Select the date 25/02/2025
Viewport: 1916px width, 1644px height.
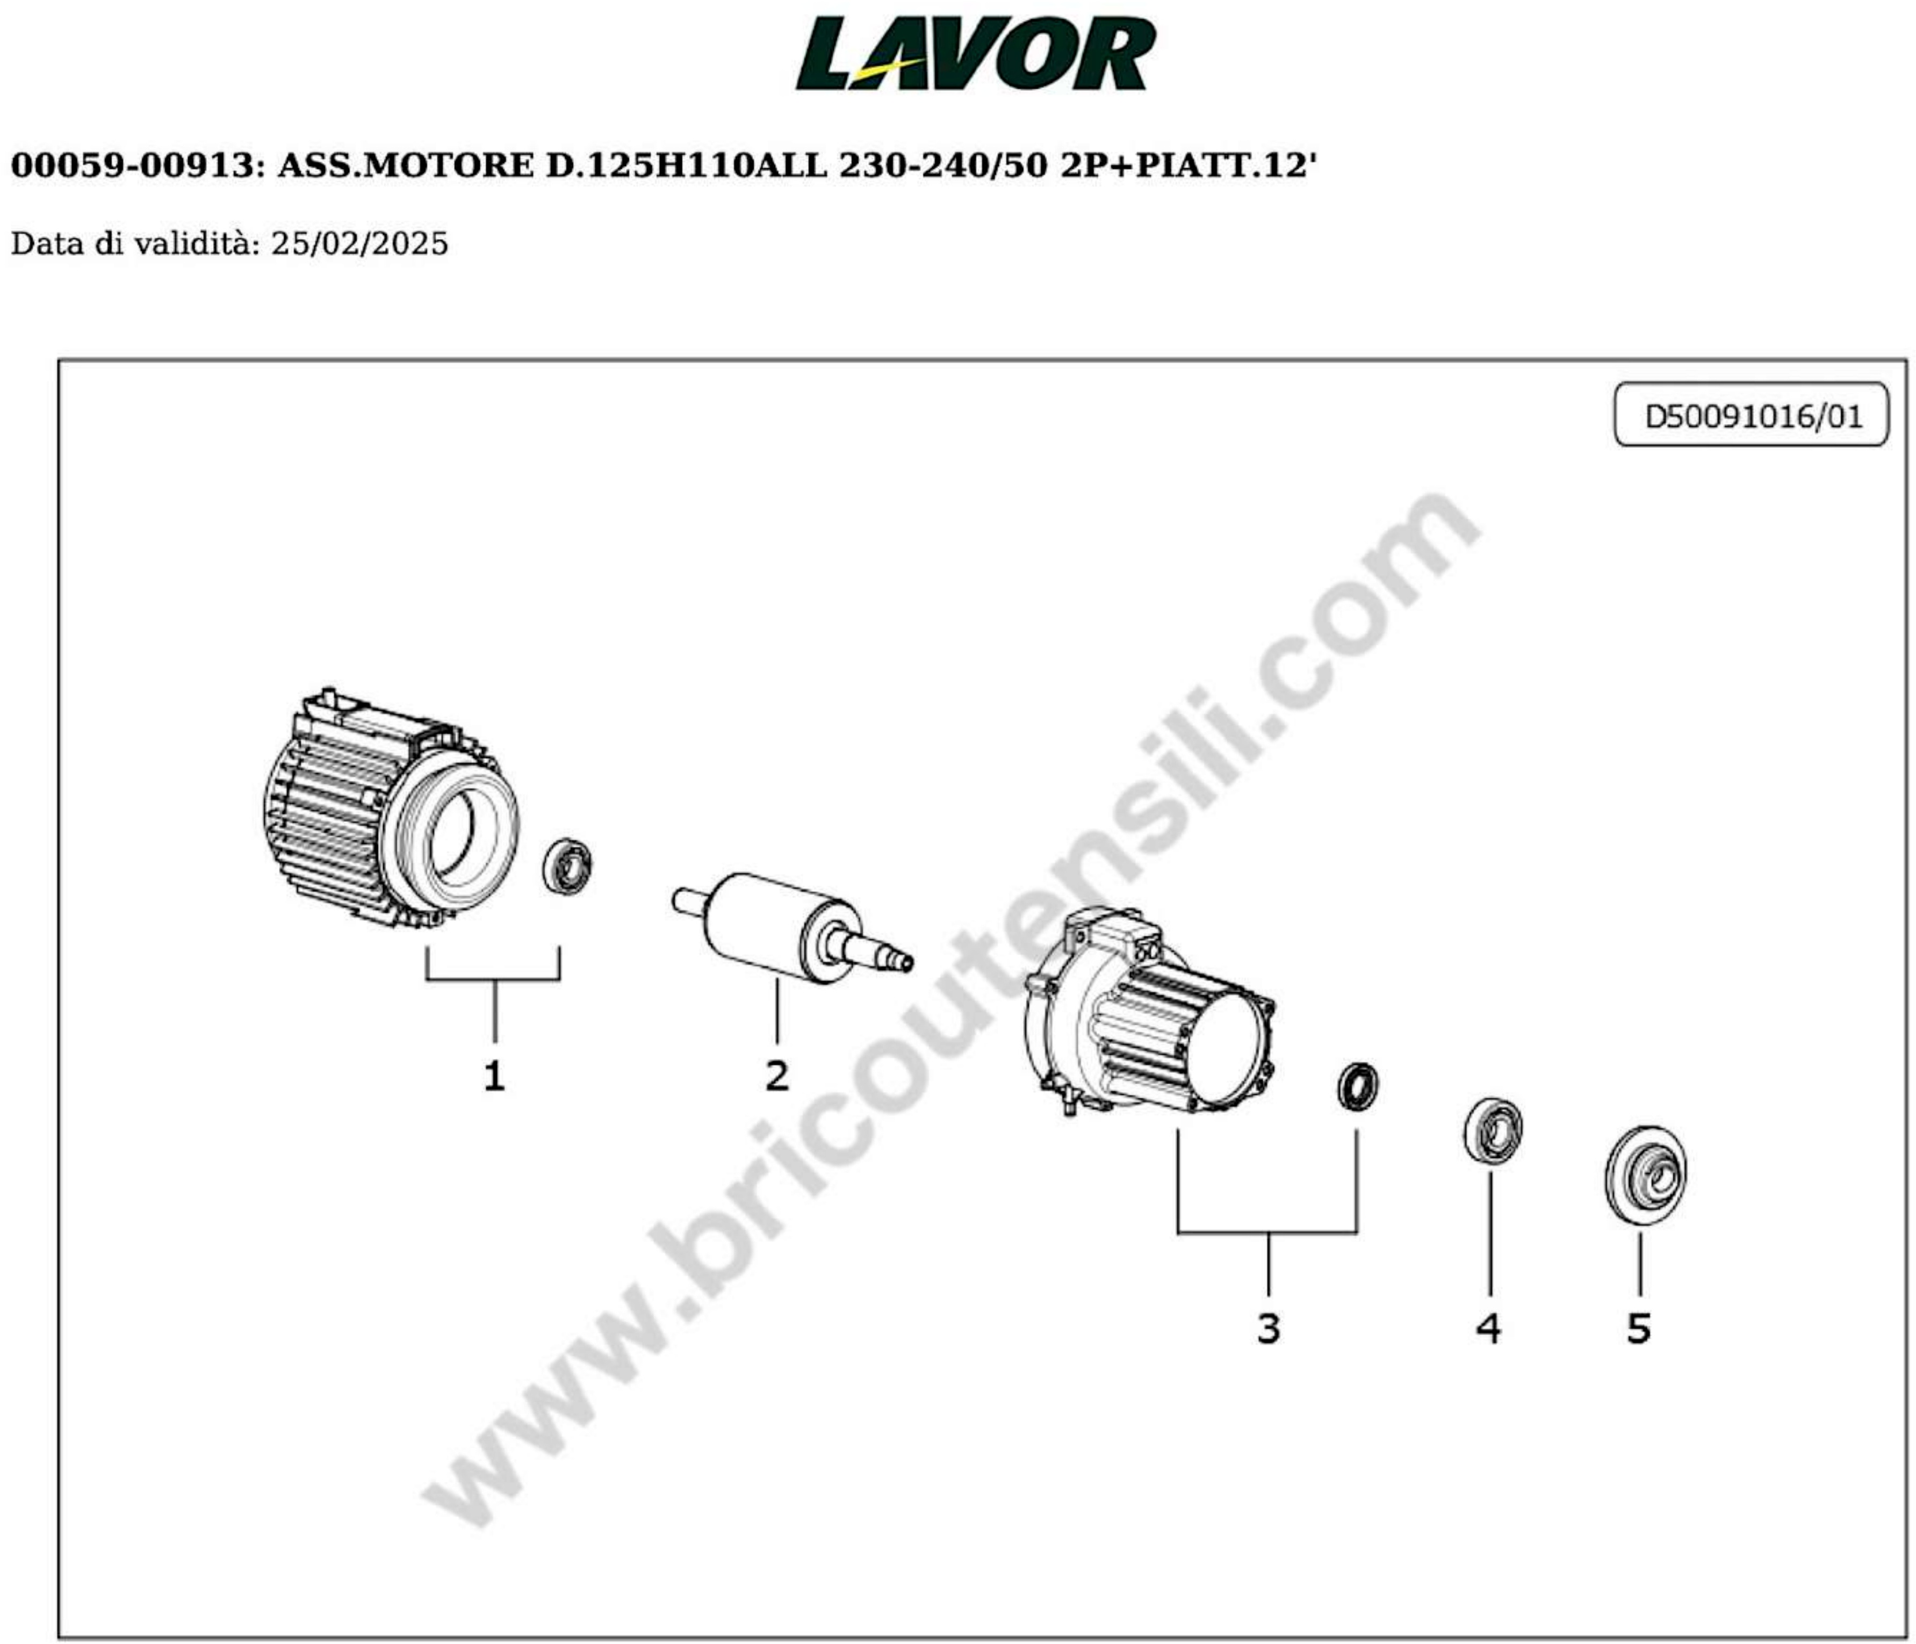click(359, 244)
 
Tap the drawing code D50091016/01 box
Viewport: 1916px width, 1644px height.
click(1751, 415)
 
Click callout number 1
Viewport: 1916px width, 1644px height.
click(495, 1076)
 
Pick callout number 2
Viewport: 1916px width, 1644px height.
click(777, 1076)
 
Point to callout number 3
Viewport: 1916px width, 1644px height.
click(1268, 1329)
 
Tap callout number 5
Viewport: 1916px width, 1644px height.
click(1639, 1329)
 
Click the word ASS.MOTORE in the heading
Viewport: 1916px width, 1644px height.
click(405, 167)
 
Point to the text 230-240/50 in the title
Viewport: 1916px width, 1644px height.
click(943, 167)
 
